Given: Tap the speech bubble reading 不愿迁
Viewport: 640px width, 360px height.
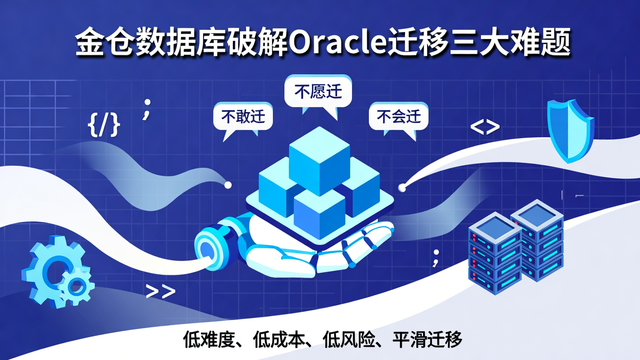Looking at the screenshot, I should [318, 92].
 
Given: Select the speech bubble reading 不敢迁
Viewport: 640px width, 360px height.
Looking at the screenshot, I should [243, 117].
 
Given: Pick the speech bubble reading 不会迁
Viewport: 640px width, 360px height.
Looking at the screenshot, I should [398, 116].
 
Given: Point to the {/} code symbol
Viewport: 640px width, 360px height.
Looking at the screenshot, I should [104, 125].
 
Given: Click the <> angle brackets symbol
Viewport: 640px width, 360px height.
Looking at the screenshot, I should [485, 128].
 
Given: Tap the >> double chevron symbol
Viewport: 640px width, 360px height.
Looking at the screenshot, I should [160, 292].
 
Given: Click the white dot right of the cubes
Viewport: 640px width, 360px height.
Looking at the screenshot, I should [403, 188].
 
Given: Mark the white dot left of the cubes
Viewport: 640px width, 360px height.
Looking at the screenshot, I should [228, 184].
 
